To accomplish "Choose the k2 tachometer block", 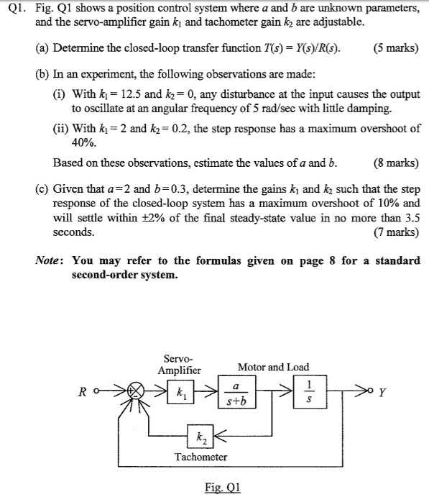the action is click(198, 435).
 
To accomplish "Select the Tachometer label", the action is click(200, 457).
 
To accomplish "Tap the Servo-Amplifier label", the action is click(180, 364).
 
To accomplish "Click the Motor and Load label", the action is click(273, 368).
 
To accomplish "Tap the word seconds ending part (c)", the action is click(74, 232).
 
